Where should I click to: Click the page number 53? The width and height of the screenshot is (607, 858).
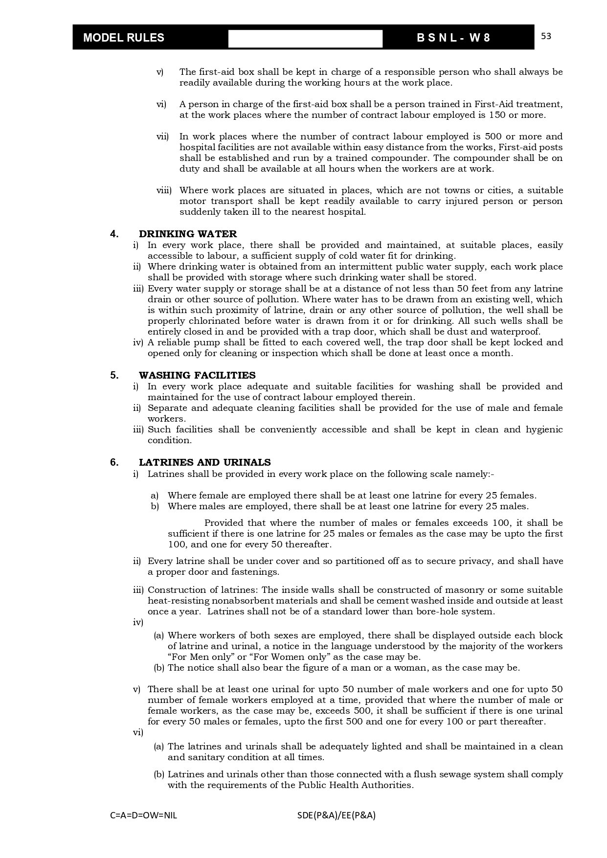(546, 36)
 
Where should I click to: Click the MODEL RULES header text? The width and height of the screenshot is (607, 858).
(124, 38)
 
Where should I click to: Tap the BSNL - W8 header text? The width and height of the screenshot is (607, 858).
(453, 38)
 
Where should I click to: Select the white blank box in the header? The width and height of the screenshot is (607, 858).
(305, 39)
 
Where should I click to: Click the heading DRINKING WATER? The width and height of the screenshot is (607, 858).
(188, 234)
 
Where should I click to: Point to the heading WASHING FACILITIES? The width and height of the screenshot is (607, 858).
(197, 375)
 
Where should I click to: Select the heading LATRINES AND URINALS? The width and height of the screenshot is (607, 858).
(204, 462)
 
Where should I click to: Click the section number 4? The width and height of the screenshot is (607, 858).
(114, 234)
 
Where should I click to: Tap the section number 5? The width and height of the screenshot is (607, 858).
(114, 375)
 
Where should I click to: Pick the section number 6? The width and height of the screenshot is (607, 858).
(114, 462)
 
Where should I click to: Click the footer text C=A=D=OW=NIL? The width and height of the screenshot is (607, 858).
(144, 815)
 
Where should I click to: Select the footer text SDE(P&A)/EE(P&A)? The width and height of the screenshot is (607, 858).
(336, 815)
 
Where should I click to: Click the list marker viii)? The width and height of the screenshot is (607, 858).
(164, 190)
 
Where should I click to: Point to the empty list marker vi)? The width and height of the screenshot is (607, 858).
(138, 732)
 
